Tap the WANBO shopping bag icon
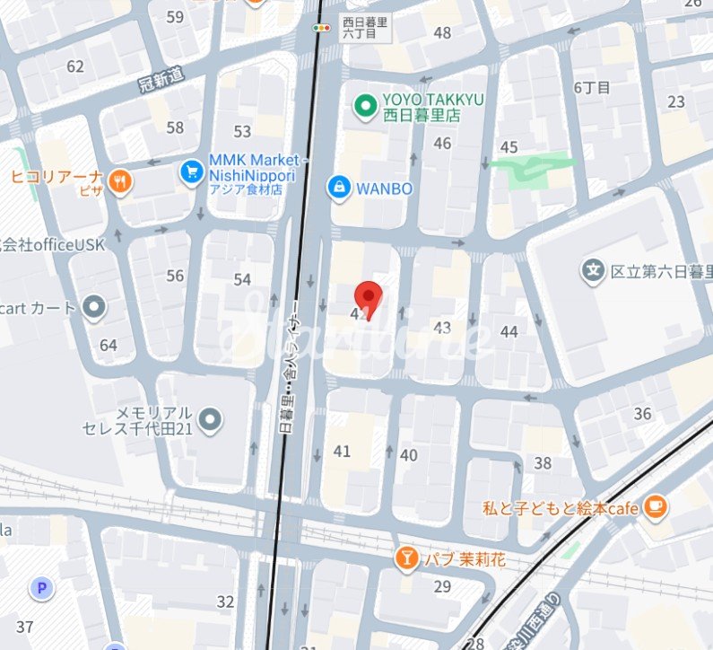coord(339,188)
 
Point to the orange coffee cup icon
coord(656,507)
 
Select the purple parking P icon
coord(40,588)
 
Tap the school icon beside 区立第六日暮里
coord(592,269)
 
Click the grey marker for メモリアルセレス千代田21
coord(210,418)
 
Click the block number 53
coord(242,132)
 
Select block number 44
coord(509,331)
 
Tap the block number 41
coord(342,451)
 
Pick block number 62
coord(74,66)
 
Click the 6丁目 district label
coord(592,87)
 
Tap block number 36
coord(642,414)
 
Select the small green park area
coord(529,169)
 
